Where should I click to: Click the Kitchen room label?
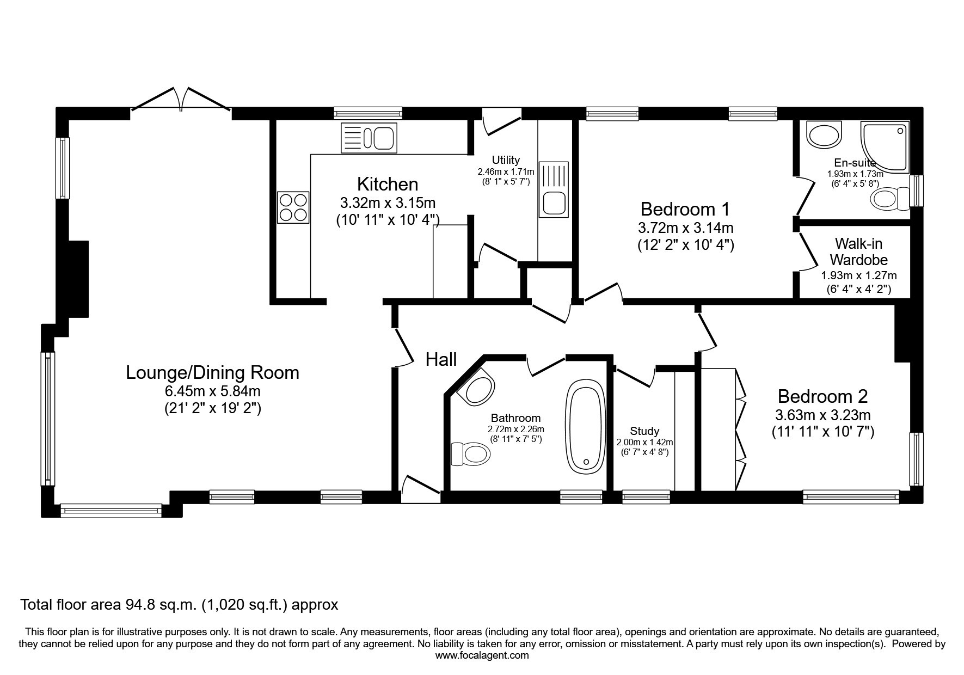point(388,184)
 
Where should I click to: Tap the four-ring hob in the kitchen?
point(293,207)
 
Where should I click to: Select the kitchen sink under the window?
point(369,137)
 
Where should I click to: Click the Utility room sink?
point(553,188)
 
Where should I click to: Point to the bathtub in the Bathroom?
point(586,427)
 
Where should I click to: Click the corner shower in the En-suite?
point(885,146)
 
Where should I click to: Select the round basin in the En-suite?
point(825,134)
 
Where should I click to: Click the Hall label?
point(441,359)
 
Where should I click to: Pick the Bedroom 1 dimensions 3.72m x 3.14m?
point(686,228)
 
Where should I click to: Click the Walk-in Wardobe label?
point(858,251)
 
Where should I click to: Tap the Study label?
point(644,431)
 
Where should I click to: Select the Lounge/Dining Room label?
point(212,373)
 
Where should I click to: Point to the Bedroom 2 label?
point(822,396)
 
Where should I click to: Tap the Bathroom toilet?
point(470,454)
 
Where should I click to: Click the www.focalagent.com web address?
point(482,655)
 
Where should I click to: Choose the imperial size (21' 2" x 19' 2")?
point(213,408)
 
